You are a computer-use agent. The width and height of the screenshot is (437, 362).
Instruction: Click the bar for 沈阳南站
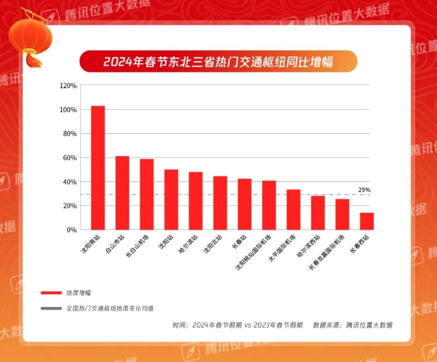(x=98, y=168)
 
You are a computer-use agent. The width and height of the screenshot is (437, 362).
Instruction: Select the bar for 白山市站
(x=122, y=193)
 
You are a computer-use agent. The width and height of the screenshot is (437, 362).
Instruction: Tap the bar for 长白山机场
(x=147, y=194)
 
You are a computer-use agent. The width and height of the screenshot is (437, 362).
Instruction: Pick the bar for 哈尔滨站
(x=196, y=201)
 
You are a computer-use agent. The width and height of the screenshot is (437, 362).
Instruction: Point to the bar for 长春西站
(x=367, y=221)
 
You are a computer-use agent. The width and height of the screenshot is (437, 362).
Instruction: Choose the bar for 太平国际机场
(x=294, y=210)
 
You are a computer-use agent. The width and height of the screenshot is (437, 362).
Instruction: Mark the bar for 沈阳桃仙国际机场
(x=269, y=205)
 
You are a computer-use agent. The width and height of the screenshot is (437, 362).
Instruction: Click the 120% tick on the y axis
(x=68, y=86)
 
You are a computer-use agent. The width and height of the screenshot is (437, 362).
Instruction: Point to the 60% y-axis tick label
(x=70, y=158)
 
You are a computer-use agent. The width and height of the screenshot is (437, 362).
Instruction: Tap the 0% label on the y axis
(x=72, y=230)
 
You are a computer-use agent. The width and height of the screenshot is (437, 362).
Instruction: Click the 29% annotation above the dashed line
(x=364, y=189)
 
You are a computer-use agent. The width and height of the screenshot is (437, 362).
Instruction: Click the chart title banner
(x=218, y=62)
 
